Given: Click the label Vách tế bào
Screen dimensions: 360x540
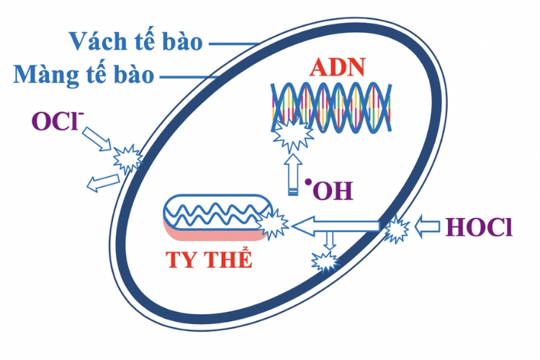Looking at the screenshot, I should (x=136, y=41).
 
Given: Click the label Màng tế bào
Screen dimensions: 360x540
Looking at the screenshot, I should (x=84, y=74).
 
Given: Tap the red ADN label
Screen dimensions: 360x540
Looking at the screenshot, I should (x=338, y=68).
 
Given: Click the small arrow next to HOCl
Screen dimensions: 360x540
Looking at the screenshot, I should (x=428, y=228).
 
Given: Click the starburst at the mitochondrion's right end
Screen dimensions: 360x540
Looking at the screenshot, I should (x=273, y=221).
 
